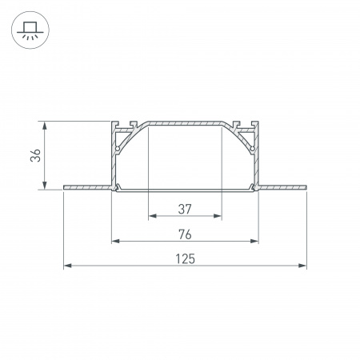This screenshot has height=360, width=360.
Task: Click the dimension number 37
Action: (x=185, y=209)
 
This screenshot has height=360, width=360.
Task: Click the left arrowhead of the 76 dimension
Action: (x=114, y=241)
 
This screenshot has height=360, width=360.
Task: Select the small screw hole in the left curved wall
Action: (x=118, y=149)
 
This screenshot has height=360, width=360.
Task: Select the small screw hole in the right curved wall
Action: (x=252, y=149)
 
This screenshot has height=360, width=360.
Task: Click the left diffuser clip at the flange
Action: (x=118, y=188)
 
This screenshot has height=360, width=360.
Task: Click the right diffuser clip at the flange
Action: (x=253, y=188)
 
